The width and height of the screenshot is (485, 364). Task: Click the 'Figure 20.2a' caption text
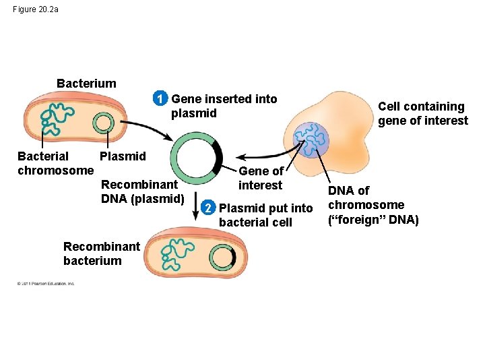coord(36,9)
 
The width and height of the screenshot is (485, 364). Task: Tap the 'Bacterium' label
coord(86,84)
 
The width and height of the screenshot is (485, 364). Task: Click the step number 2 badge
coord(210,208)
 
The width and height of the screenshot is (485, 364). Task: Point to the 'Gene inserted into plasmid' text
coord(224,106)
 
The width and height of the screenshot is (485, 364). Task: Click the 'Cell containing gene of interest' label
coord(422,113)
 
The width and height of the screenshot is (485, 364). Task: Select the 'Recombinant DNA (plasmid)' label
coord(142,191)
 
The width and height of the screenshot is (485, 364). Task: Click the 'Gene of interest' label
coord(261,178)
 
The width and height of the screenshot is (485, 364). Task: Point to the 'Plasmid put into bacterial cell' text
coord(265,215)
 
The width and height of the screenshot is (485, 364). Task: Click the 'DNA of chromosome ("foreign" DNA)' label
coord(373,205)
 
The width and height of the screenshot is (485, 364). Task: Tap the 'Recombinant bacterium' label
coord(101,253)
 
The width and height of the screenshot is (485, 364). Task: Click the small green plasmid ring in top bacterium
coord(103,123)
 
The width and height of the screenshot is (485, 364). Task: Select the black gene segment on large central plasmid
coord(218,156)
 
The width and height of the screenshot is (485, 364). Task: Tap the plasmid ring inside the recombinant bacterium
coord(222,257)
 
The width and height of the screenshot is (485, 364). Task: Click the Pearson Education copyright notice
coord(46,283)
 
